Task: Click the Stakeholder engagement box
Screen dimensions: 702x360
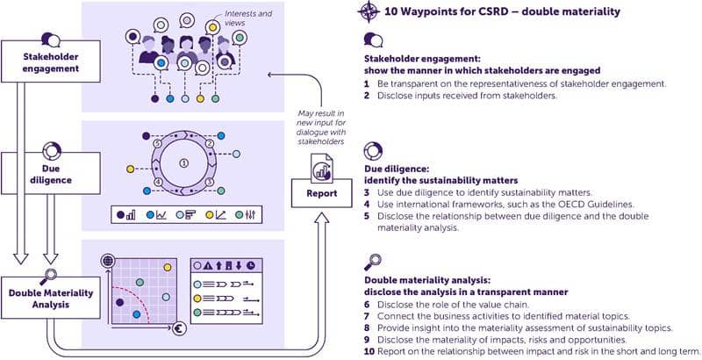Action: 51,61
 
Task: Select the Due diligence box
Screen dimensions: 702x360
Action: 51,173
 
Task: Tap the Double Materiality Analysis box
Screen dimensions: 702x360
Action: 51,298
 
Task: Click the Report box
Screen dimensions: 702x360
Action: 321,193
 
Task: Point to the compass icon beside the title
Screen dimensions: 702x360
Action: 369,11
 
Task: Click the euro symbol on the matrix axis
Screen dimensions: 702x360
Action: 179,329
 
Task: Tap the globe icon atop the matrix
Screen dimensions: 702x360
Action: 107,261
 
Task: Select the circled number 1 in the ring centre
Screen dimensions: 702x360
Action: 183,163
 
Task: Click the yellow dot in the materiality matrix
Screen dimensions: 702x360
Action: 167,267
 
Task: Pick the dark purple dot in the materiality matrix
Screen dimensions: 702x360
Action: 119,302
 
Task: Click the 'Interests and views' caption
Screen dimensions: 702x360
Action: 248,18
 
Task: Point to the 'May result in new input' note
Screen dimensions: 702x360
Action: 321,127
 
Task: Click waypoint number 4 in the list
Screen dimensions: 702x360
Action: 367,205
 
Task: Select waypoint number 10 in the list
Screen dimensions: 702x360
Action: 369,351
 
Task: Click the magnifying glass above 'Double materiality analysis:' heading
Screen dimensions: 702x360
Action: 372,262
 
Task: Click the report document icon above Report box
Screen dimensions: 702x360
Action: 322,169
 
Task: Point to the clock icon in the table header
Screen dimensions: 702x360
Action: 251,265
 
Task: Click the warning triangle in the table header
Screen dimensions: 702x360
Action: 208,265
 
